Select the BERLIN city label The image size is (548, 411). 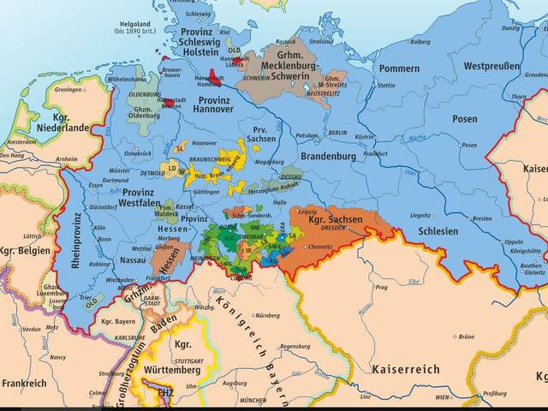pos(337,133)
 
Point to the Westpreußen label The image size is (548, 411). pos(492,66)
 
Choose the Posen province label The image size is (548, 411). pos(465,119)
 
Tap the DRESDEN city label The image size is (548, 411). pos(332,229)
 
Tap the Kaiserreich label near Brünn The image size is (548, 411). pos(405,369)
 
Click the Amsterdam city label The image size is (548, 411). pos(19,141)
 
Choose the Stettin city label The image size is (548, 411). pos(386,85)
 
